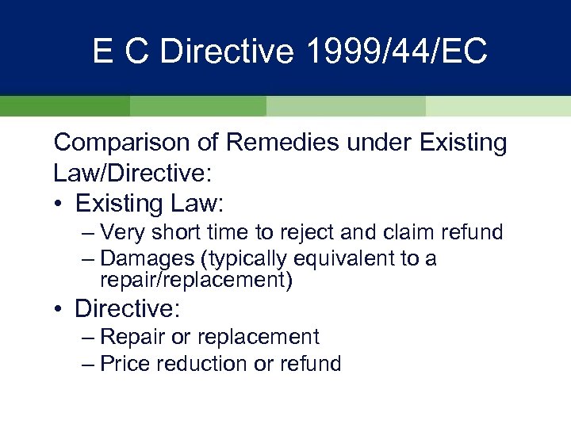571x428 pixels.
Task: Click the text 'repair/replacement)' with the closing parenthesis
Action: point(196,281)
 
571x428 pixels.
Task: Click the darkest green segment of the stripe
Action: point(64,107)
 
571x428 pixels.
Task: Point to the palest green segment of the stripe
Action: point(498,107)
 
